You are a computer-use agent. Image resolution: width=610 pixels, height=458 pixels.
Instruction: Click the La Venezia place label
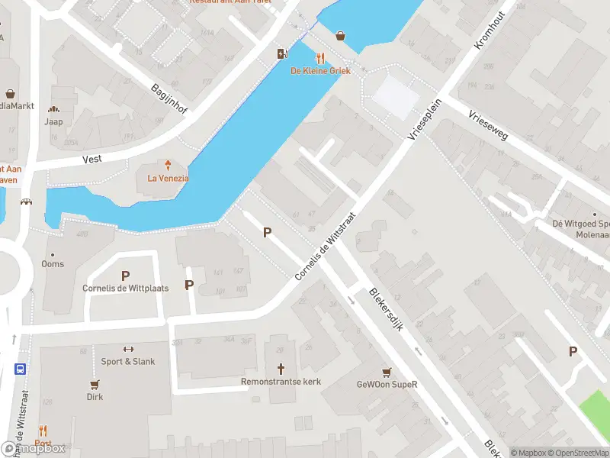point(168,179)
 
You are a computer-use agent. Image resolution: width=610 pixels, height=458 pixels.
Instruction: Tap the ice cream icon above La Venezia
point(168,165)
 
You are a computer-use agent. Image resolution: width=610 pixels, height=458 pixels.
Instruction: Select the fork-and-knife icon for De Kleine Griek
point(320,58)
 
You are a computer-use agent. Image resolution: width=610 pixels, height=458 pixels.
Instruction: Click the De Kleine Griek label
point(319,71)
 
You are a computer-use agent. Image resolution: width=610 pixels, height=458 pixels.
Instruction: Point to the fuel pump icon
point(282,53)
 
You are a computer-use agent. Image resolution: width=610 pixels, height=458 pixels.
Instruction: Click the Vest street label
point(91,160)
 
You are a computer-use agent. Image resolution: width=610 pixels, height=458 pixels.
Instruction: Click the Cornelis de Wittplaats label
point(126,289)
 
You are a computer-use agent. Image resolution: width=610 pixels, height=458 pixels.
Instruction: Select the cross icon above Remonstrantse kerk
point(281,367)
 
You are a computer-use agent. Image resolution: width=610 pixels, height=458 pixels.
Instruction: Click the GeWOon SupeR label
point(387,385)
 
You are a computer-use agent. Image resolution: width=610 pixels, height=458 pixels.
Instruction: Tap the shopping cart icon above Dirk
point(95,384)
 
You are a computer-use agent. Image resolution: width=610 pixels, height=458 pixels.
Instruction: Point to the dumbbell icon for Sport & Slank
point(128,349)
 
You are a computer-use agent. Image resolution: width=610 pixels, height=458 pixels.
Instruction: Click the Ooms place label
point(53,264)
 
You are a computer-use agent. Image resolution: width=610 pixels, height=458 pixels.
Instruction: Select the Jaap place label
point(53,121)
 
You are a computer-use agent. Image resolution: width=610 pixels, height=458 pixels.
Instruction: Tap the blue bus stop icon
point(20,367)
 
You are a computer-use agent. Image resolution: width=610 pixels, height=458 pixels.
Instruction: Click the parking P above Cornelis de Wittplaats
point(126,276)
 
